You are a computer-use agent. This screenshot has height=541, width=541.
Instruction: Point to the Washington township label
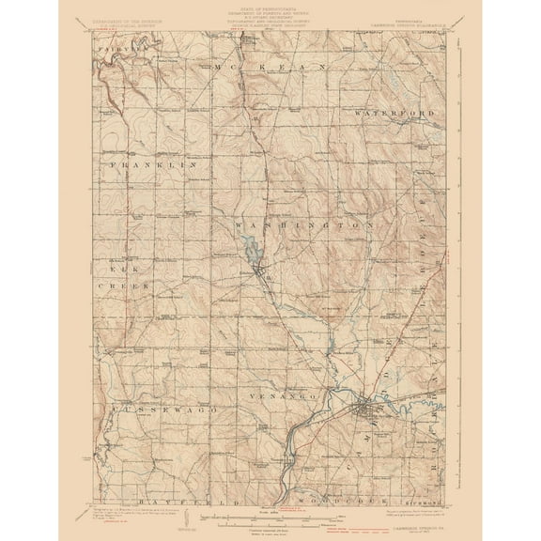coord(299,226)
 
